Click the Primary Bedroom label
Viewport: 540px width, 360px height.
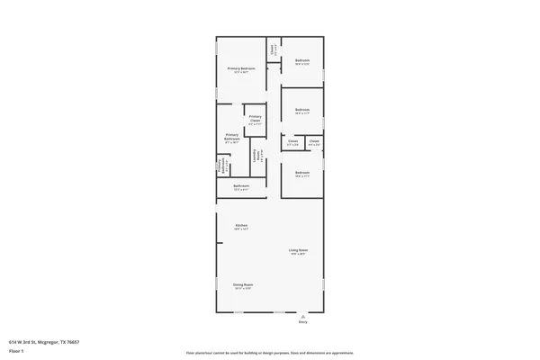241,68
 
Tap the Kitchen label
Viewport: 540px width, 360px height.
241,225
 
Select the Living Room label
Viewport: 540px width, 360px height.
299,249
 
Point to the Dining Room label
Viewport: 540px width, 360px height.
243,284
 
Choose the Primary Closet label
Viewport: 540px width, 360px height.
256,118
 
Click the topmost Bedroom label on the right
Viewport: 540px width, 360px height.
302,60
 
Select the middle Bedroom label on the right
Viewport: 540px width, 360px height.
302,110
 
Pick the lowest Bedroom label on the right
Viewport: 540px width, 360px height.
302,172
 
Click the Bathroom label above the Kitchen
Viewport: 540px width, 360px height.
241,186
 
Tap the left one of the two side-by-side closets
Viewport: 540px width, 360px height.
293,141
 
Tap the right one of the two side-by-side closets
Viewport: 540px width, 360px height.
314,141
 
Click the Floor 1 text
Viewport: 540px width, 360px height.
16,350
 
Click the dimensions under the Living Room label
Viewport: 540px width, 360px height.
299,254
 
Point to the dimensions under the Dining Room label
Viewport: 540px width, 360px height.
243,289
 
